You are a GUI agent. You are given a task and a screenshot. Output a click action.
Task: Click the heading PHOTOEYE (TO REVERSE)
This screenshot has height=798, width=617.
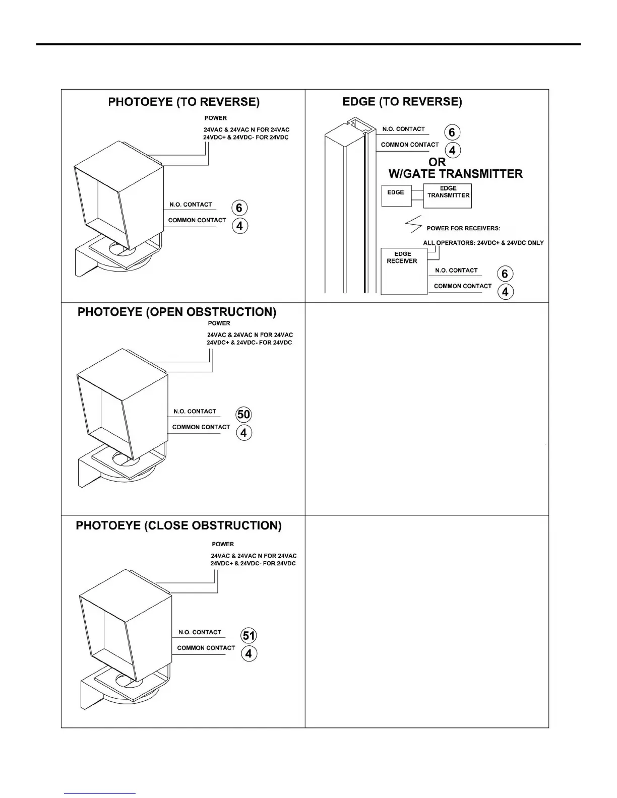[184, 102]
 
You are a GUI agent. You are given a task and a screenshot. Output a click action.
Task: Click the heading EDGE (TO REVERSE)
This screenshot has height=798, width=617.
[402, 102]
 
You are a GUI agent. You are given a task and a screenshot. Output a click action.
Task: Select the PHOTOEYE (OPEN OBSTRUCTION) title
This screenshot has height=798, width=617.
[176, 312]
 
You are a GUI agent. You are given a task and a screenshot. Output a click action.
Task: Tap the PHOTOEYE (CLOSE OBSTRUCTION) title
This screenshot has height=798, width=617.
[178, 526]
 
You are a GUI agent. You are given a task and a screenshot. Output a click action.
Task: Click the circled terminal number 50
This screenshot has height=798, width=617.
[243, 415]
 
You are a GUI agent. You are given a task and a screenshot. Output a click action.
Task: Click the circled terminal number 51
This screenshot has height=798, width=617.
[249, 636]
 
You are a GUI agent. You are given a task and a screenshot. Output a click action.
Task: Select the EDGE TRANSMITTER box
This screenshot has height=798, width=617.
[448, 195]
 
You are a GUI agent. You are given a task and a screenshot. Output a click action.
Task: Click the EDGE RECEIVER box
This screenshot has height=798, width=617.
[403, 271]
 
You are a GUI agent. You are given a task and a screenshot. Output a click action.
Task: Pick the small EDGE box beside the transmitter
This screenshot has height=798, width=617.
[396, 195]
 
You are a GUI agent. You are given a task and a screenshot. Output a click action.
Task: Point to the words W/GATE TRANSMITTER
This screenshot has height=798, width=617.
[455, 174]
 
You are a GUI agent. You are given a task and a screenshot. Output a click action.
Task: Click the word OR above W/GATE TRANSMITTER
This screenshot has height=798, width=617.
[437, 162]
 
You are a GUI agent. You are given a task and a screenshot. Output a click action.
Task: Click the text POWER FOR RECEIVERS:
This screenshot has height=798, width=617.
[463, 228]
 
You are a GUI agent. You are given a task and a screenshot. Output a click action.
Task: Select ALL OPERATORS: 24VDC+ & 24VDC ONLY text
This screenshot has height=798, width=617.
[483, 243]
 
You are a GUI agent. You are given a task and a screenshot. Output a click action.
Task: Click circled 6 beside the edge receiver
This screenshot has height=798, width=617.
[505, 274]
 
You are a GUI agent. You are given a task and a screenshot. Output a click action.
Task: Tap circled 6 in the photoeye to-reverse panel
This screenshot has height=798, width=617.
[239, 208]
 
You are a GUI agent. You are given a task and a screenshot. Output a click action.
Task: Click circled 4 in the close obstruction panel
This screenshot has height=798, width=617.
[249, 654]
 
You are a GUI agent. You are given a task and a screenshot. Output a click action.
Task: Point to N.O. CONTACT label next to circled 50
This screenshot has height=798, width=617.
[195, 412]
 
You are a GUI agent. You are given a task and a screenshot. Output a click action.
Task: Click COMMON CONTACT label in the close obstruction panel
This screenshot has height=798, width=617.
[206, 648]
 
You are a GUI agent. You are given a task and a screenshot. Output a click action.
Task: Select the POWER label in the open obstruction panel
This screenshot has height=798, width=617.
[219, 323]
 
